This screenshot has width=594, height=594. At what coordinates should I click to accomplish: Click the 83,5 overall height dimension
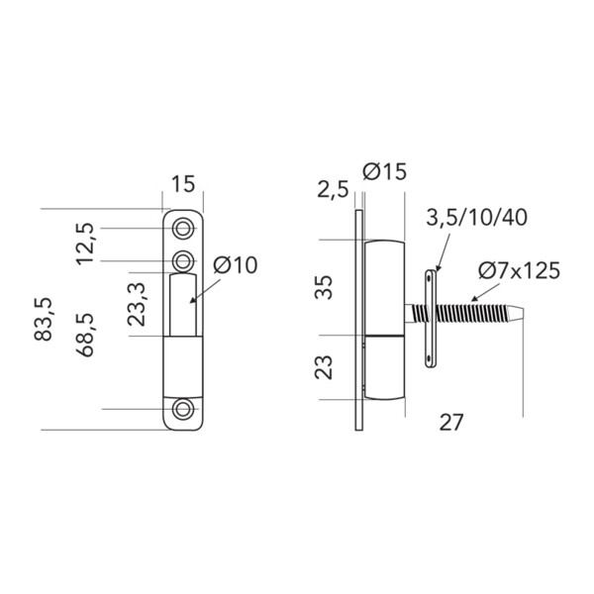(x=43, y=320)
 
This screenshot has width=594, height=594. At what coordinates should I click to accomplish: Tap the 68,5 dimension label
(x=84, y=335)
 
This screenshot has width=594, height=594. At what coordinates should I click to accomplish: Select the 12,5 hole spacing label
(x=84, y=244)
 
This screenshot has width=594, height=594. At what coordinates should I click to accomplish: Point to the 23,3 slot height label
(x=137, y=304)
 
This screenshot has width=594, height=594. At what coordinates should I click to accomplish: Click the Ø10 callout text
(x=236, y=264)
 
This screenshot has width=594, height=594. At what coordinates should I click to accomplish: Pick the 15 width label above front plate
(x=183, y=184)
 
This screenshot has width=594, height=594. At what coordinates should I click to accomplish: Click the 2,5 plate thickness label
(x=333, y=189)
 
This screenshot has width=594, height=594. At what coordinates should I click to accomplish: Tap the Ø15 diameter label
(x=384, y=171)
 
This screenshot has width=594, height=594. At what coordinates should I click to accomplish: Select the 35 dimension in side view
(x=324, y=287)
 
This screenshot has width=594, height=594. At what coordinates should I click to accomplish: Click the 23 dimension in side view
(x=324, y=367)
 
